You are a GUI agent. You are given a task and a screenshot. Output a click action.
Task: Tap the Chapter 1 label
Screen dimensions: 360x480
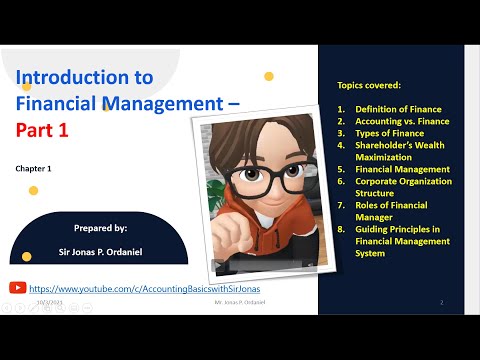click(x=32, y=169)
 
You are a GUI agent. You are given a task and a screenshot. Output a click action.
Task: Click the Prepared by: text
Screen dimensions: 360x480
click(x=101, y=229)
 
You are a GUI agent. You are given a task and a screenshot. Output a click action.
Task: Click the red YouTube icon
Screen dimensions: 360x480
click(x=16, y=286)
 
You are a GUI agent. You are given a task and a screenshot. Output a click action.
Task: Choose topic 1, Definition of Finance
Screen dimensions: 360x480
click(x=398, y=109)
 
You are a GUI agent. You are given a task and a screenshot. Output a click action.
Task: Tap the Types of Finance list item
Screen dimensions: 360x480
click(x=389, y=133)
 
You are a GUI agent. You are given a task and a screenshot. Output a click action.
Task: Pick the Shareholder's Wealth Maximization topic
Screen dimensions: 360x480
click(x=398, y=151)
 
